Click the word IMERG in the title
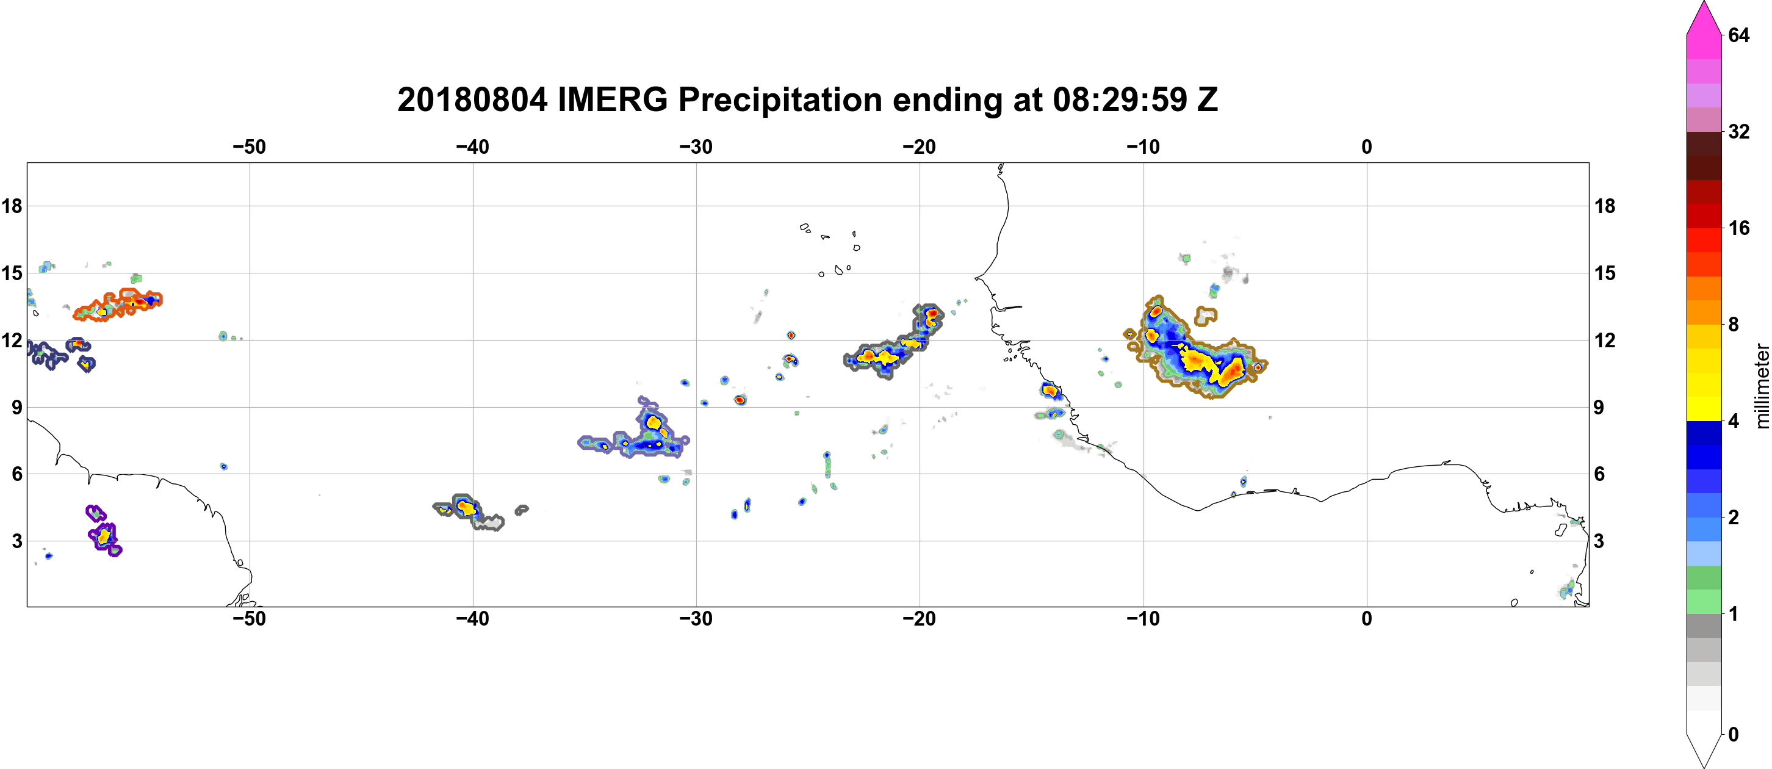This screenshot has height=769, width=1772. (x=612, y=99)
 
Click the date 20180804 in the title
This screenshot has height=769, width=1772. (x=472, y=99)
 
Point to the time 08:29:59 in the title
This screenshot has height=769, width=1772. (x=1120, y=99)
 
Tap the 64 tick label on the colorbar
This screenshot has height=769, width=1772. (x=1739, y=35)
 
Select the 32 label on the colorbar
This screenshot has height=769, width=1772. (x=1739, y=131)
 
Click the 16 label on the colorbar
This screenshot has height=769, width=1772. (x=1739, y=228)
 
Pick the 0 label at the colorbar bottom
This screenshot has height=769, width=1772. (x=1734, y=735)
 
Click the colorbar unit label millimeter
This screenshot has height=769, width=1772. (x=1762, y=386)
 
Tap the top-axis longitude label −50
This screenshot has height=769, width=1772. (x=249, y=147)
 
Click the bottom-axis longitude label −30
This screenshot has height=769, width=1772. (x=696, y=619)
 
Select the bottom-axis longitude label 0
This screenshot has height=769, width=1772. (x=1367, y=619)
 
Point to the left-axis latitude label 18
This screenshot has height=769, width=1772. (x=12, y=206)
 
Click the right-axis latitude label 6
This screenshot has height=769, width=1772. (x=1599, y=474)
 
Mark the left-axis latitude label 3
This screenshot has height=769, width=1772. (x=17, y=541)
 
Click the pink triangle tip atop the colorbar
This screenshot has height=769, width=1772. (x=1704, y=2)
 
